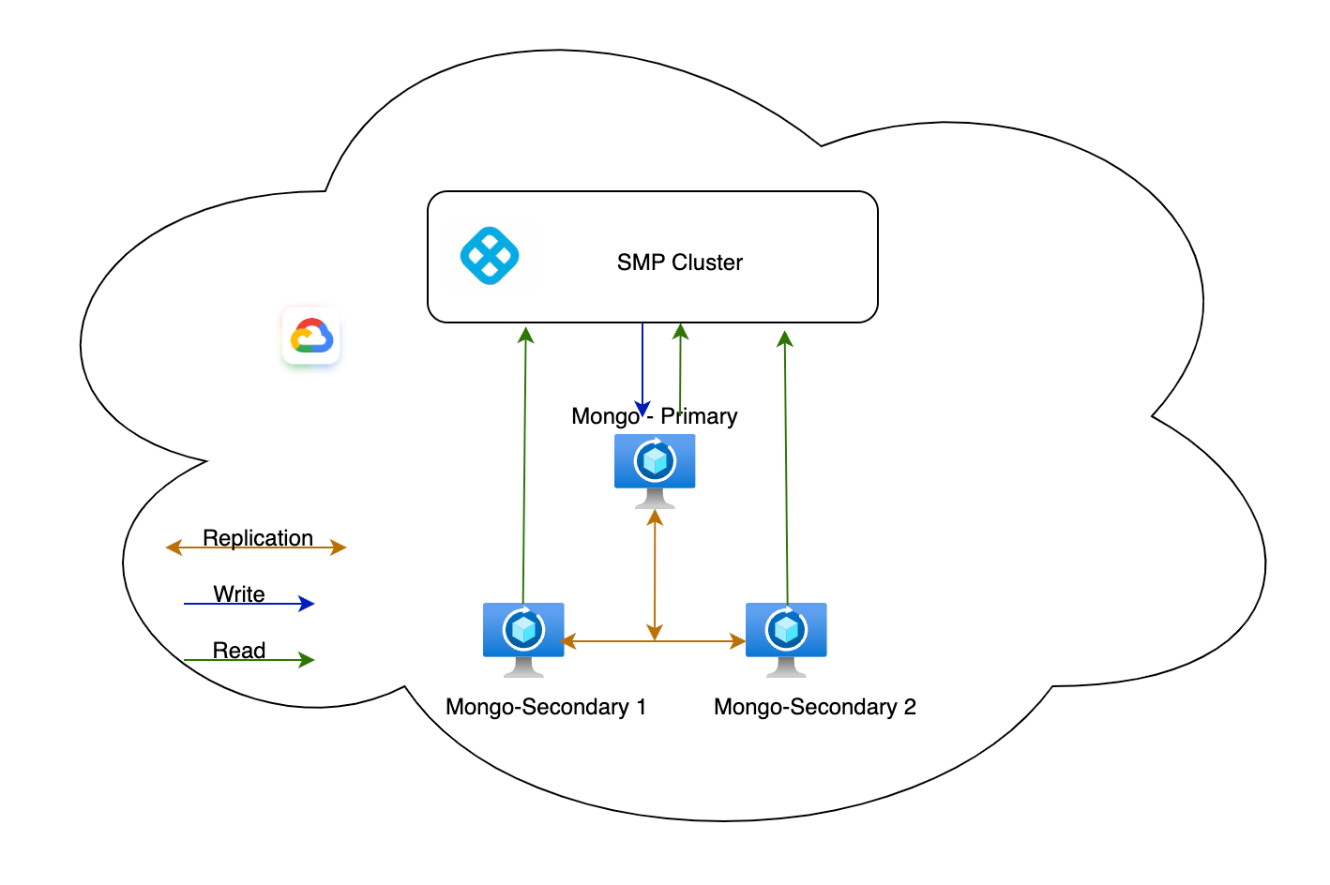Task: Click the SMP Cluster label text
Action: [x=679, y=262]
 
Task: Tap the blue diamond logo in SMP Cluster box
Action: [x=490, y=255]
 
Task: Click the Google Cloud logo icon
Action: [x=311, y=336]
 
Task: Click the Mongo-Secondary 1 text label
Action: [x=546, y=707]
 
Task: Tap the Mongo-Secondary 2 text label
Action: [x=814, y=707]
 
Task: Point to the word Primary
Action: [x=699, y=416]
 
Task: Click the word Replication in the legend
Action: [x=258, y=537]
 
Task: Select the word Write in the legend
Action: [x=239, y=593]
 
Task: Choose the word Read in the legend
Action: [x=239, y=650]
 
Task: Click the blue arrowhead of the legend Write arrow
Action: [x=307, y=604]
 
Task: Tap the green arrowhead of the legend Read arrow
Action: [x=307, y=660]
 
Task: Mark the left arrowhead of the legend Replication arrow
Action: [x=173, y=547]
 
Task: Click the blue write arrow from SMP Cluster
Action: [x=642, y=366]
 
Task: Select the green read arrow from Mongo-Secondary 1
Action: [x=524, y=469]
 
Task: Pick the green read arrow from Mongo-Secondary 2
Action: [x=786, y=469]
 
